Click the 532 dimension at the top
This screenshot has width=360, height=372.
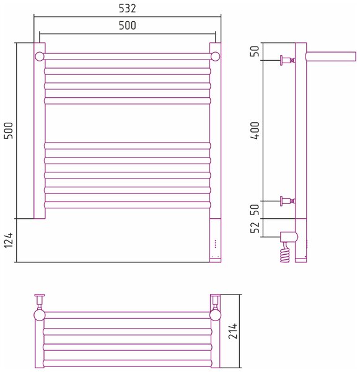128,8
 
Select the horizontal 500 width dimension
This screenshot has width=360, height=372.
128,25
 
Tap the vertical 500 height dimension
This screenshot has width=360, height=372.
9,130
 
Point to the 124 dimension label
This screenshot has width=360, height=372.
9,240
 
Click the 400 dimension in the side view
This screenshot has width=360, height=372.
255,130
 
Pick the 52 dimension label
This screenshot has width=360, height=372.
255,228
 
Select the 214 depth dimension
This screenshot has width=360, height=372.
232,330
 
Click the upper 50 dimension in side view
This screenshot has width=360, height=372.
255,51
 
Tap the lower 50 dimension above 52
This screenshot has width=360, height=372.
255,210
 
